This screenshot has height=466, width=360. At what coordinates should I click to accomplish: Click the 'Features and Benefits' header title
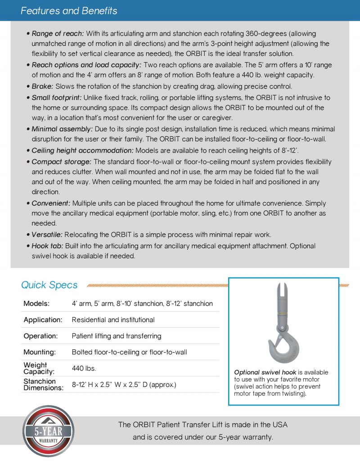[x=69, y=11]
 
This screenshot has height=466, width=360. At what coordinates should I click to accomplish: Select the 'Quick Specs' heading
[x=49, y=285]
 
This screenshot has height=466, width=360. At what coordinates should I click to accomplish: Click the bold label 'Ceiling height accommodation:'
[x=82, y=150]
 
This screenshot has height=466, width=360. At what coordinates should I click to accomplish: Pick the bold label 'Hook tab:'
[x=47, y=246]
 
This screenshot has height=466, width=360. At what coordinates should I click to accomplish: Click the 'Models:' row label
[x=36, y=303]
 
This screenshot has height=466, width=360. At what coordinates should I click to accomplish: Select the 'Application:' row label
[x=43, y=320]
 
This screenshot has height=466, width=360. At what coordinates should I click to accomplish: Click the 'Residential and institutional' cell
[x=113, y=320]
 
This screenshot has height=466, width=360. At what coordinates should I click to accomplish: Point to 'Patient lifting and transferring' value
[x=117, y=336]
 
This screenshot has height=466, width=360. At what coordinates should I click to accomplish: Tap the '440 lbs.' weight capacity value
[x=84, y=368]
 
